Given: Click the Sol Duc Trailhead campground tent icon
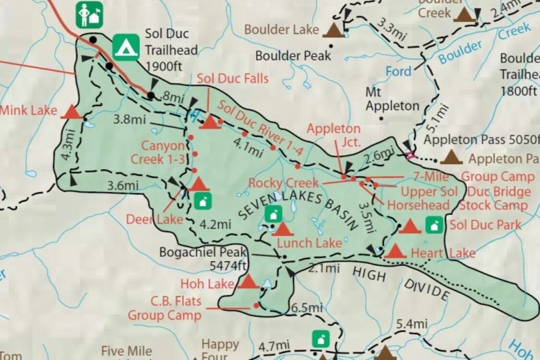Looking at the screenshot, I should (126, 47).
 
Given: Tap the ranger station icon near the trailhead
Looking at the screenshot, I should (90, 15).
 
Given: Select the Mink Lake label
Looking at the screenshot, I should (29, 111).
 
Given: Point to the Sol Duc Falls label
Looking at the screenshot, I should (233, 78).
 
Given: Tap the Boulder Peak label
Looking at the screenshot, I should (293, 56).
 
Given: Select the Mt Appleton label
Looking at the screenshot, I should (392, 98).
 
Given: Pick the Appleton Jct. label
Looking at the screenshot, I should (334, 135).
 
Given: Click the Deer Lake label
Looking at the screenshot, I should (155, 219).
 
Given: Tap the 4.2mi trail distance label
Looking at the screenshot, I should (215, 224).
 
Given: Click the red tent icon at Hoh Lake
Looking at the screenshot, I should (249, 281).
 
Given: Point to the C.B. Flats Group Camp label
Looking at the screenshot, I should (164, 309).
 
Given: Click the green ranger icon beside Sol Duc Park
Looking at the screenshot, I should (434, 225).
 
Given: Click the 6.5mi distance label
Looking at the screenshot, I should (307, 308).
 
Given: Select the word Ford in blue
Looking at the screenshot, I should (399, 72).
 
